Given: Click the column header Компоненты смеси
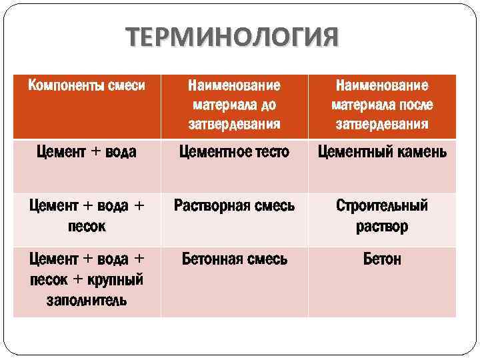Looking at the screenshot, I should pos(86,86).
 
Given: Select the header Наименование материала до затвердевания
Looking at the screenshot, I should pos(234,105).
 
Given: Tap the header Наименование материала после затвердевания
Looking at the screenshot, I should pos(382,105).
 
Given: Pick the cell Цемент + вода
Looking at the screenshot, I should pos(86,152).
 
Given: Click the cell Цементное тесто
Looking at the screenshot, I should pos(234,152).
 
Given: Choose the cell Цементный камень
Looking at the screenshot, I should pos(382,152).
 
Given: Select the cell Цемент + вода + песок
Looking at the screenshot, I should pos(86,215).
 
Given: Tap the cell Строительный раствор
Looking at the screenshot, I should pos(382,215).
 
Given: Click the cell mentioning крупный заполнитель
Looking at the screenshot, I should pos(86,279).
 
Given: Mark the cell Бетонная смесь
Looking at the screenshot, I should pos(234,259).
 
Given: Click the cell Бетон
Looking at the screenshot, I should pos(382,259).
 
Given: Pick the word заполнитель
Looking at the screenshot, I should pos(86,299).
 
